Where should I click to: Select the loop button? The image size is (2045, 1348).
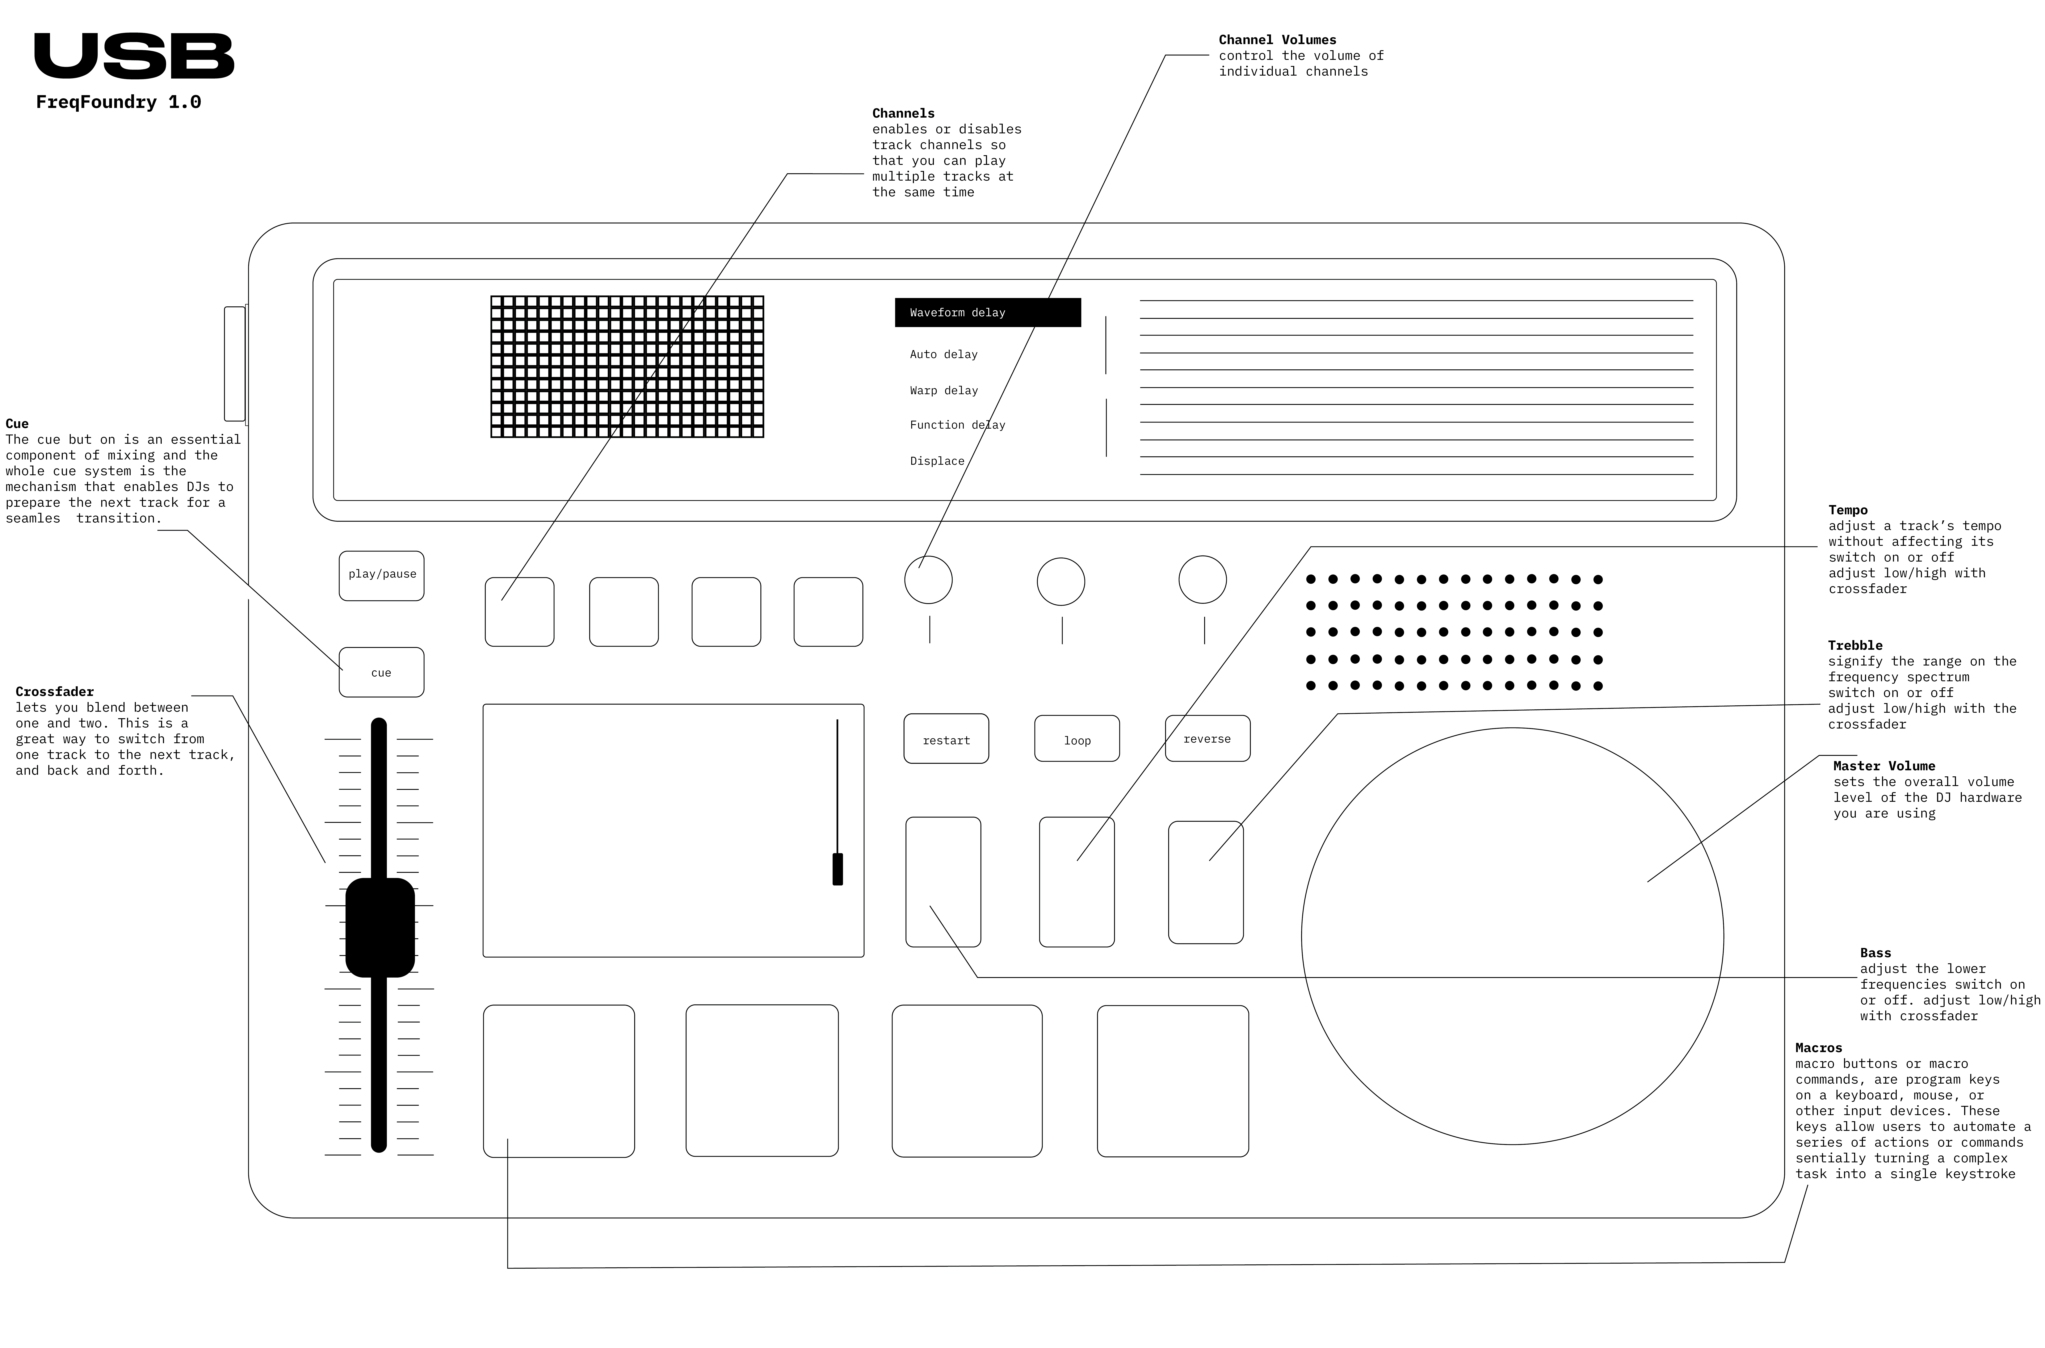1076,739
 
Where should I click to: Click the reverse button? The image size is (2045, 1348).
1207,739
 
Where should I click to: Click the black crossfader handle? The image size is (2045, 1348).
380,927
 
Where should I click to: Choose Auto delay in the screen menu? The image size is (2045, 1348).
943,354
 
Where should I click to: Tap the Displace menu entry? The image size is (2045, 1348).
937,461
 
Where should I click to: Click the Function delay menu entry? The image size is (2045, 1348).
957,425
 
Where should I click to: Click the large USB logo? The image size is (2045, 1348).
134,57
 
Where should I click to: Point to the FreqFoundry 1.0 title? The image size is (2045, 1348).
119,102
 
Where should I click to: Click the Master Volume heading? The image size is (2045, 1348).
1883,766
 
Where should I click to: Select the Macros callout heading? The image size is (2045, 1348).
1818,1048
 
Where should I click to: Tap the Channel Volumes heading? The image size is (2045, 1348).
1277,39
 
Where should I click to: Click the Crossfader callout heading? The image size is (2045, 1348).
54,691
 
